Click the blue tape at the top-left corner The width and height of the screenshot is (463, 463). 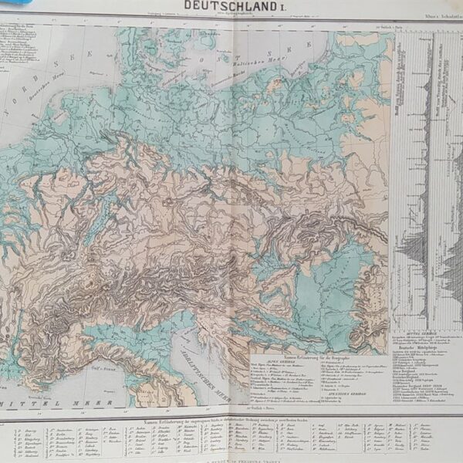pyautogui.click(x=9, y=9)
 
